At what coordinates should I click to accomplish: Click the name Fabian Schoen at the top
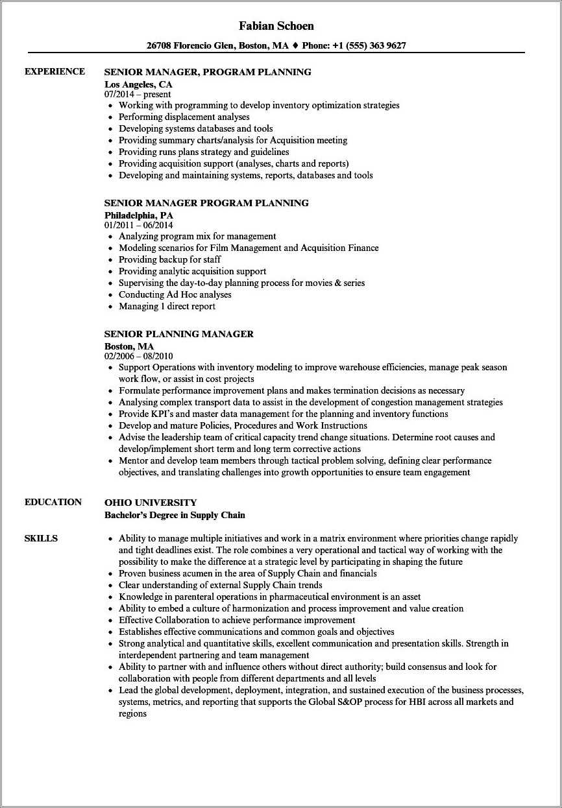[276, 26]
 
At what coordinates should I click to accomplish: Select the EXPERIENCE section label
[55, 71]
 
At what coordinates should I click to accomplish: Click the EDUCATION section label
[53, 502]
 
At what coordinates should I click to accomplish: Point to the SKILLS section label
[41, 538]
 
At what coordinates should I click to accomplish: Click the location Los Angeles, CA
[138, 84]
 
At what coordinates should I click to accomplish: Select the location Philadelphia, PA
[139, 215]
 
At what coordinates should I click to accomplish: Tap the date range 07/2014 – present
[138, 94]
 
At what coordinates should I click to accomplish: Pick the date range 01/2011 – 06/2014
[138, 225]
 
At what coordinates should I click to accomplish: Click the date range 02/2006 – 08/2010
[138, 356]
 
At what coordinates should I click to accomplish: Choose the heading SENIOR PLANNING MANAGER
[179, 334]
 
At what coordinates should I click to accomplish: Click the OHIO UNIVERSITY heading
[151, 503]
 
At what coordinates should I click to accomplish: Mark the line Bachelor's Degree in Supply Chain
[175, 515]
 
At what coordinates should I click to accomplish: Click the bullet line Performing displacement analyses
[184, 117]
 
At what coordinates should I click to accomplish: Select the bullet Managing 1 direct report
[167, 306]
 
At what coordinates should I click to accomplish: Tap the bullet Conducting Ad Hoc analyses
[175, 294]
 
